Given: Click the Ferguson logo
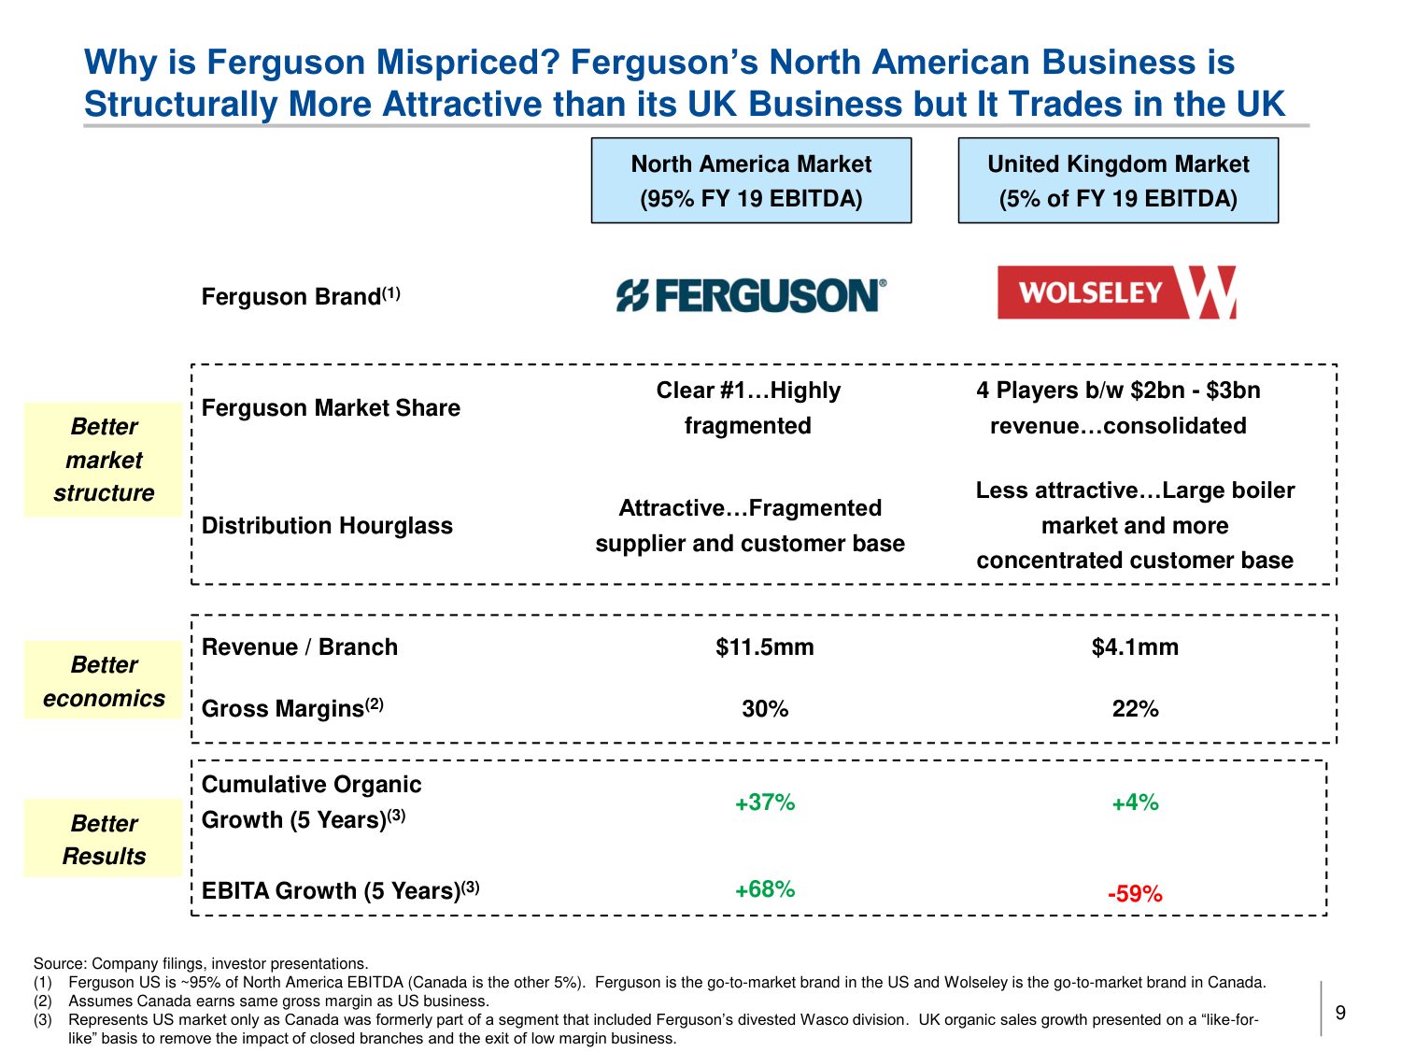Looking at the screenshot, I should point(751,295).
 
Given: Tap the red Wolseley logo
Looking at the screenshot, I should point(1117,292).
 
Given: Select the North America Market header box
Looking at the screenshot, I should point(751,180).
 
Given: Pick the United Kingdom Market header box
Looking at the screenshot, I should point(1118,180).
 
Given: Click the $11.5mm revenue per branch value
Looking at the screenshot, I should point(764,646).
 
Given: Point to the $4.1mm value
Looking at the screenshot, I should point(1135,646).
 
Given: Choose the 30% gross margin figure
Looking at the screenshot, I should point(765,709).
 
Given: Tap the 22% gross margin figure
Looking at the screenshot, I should point(1135,709).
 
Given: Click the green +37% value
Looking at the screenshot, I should point(765,802).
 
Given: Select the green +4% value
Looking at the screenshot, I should point(1135,802).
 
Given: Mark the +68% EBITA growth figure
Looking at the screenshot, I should point(765,889).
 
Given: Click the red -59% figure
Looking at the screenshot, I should point(1135,894).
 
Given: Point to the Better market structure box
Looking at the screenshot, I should point(104,460).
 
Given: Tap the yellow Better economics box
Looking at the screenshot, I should point(104,681).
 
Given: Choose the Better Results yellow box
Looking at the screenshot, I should point(104,839).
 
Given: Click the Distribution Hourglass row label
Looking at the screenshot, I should point(327,526).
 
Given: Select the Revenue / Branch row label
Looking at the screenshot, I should point(300,646).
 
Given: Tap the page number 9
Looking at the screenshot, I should point(1340,1013).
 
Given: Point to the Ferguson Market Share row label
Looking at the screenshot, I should point(331,408).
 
